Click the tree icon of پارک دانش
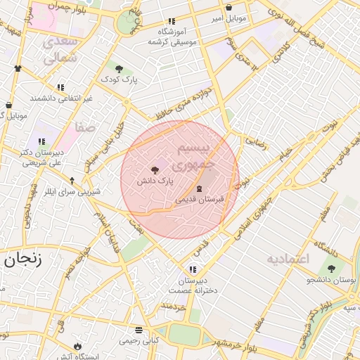click(155, 169)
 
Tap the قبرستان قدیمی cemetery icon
click(199, 188)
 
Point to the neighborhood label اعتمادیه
click(288, 259)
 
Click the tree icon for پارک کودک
click(120, 69)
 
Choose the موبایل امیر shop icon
click(229, 8)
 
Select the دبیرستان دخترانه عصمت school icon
click(193, 270)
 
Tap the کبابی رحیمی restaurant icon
click(139, 330)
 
